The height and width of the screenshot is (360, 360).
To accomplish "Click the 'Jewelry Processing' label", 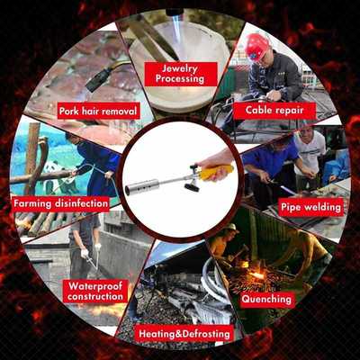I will click(x=179, y=73).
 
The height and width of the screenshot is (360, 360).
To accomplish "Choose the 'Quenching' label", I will click(x=267, y=299).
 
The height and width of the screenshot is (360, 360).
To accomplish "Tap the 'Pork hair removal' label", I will click(x=99, y=111).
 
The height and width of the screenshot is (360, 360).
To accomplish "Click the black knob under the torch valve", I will click(x=191, y=188).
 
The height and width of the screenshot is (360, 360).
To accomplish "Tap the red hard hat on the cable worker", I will click(x=258, y=44).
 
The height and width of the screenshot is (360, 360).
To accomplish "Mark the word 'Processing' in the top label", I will click(x=179, y=79).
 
